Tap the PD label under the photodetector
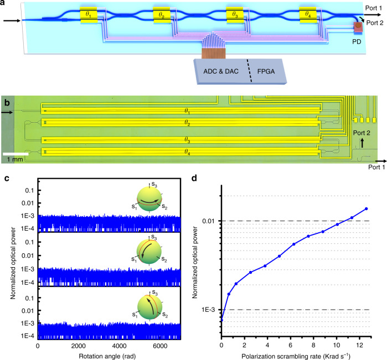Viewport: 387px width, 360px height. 357,41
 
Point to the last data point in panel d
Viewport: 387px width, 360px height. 366,209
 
